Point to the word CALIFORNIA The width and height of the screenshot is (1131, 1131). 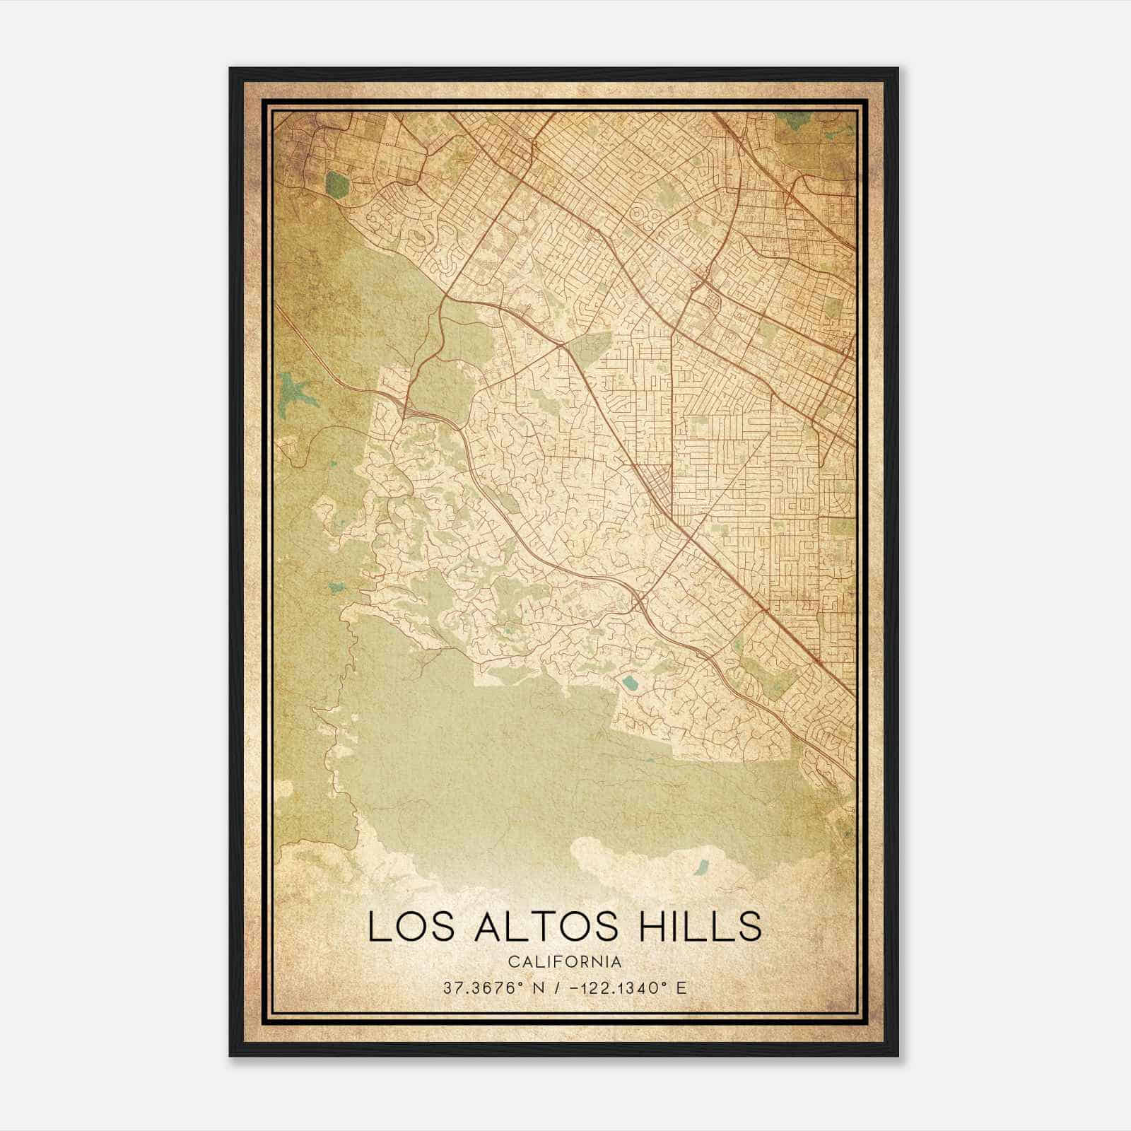pyautogui.click(x=565, y=961)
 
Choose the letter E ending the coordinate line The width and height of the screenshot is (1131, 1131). pyautogui.click(x=681, y=988)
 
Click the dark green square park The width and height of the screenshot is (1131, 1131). pyautogui.click(x=338, y=185)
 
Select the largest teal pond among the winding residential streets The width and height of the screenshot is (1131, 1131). pyautogui.click(x=628, y=684)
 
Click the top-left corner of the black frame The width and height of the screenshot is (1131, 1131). pyautogui.click(x=230, y=69)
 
